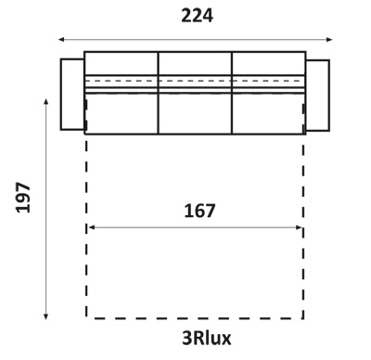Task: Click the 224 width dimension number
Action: point(197,16)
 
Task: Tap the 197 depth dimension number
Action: point(23,198)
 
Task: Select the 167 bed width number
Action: point(199,211)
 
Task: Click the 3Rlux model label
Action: point(207,338)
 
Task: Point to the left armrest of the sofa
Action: point(72,94)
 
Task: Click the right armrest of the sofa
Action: point(317,96)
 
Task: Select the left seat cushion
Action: point(122,113)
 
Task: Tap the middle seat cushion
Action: point(195,113)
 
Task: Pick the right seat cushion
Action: point(268,113)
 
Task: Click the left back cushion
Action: point(122,63)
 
